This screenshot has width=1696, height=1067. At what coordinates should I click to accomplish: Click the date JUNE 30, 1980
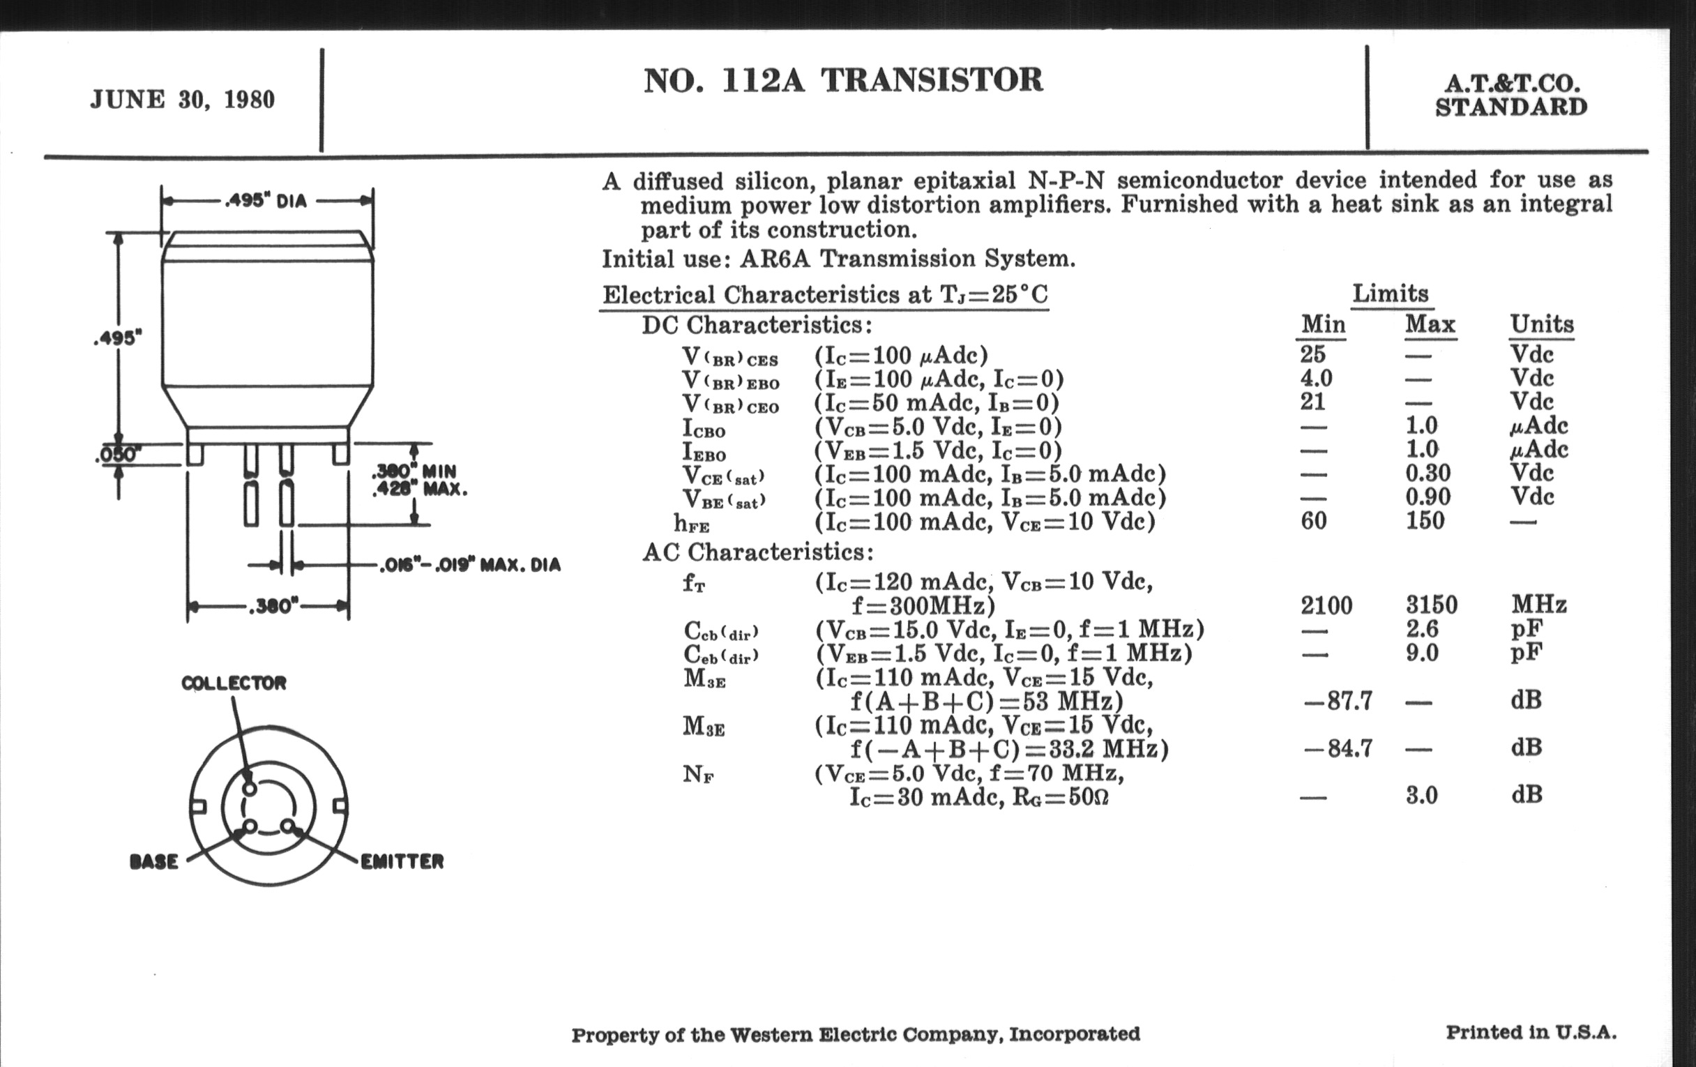point(182,100)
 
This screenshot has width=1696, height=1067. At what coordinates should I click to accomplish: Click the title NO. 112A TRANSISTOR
point(843,80)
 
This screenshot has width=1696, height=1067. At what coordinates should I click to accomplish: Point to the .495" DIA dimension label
point(266,201)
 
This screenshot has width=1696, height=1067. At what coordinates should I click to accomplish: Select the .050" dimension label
point(117,455)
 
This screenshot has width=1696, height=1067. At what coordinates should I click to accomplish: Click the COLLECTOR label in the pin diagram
point(234,683)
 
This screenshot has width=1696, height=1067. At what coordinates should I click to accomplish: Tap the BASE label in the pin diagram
point(154,861)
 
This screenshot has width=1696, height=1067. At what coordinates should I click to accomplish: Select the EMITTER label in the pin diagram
point(402,861)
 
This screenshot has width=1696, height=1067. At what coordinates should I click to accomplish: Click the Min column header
point(1323,325)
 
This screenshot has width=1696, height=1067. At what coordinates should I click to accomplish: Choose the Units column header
point(1541,325)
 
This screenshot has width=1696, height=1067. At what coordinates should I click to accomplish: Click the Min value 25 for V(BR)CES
point(1313,354)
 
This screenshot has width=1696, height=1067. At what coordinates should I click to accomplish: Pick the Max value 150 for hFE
point(1425,521)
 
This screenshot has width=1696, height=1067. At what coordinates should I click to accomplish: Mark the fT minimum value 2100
point(1326,606)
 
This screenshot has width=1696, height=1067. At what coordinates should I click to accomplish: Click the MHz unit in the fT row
point(1538,605)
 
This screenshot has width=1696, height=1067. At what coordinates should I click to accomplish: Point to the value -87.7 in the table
point(1338,701)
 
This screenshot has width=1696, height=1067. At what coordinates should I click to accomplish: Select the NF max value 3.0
point(1421,796)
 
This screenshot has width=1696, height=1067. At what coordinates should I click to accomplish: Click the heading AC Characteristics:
point(758,552)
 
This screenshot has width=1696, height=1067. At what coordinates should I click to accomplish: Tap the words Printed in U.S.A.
point(1531,1033)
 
